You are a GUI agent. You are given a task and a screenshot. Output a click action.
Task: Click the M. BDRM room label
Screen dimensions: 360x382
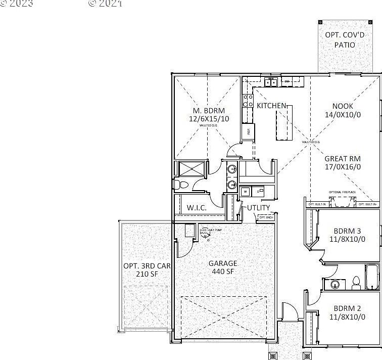208,111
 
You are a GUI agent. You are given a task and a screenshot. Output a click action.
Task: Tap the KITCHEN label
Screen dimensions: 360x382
272,106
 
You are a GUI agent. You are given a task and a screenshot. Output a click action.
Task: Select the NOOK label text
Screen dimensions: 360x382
343,106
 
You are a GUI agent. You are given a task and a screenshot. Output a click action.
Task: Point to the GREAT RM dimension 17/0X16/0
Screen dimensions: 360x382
343,166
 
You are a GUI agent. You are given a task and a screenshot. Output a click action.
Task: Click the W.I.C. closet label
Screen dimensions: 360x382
195,207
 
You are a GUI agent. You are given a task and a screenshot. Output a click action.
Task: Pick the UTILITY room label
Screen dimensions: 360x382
258,207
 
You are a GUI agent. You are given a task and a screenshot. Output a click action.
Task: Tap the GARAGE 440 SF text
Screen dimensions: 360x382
223,267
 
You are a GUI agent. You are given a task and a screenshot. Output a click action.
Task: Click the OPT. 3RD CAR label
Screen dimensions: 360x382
147,266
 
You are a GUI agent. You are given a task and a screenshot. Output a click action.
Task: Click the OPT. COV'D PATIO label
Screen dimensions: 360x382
340,40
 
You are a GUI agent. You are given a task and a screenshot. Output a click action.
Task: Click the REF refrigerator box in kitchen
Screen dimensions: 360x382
248,131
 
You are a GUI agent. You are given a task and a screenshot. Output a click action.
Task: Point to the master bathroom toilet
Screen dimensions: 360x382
182,184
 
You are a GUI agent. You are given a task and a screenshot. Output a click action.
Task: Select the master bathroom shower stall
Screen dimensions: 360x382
191,168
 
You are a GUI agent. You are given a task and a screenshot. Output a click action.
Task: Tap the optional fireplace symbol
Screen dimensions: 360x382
342,202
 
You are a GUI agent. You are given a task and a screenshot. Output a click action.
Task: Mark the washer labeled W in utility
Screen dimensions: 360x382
245,192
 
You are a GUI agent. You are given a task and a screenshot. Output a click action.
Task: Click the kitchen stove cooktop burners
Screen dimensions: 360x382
248,101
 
